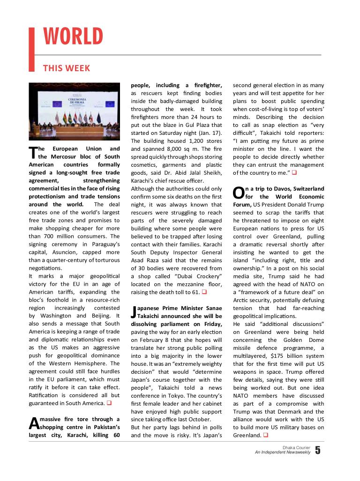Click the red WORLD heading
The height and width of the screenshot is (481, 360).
click(x=73, y=37)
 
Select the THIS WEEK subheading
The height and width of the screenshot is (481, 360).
click(x=67, y=68)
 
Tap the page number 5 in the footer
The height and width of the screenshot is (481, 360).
click(x=318, y=451)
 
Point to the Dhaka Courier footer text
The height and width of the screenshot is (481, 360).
click(x=296, y=448)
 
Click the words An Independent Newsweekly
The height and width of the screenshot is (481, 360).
click(x=282, y=453)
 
